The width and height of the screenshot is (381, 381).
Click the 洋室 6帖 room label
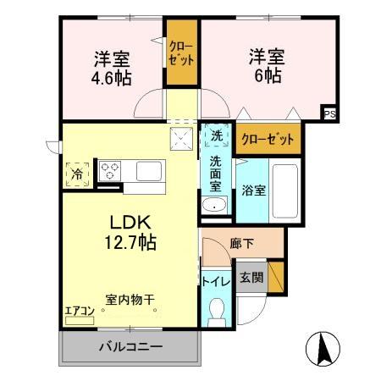(x=266, y=65)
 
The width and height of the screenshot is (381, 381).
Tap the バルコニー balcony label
(x=130, y=347)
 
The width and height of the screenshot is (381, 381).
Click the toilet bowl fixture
(x=215, y=311)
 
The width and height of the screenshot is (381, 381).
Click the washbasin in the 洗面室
(x=214, y=206)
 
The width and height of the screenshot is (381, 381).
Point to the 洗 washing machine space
(x=216, y=135)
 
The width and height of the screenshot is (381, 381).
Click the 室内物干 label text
(x=130, y=299)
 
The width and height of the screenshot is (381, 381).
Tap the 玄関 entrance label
(x=251, y=277)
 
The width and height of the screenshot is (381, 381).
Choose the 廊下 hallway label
(x=242, y=243)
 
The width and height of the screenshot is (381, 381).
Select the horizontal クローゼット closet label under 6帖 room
(x=268, y=137)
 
